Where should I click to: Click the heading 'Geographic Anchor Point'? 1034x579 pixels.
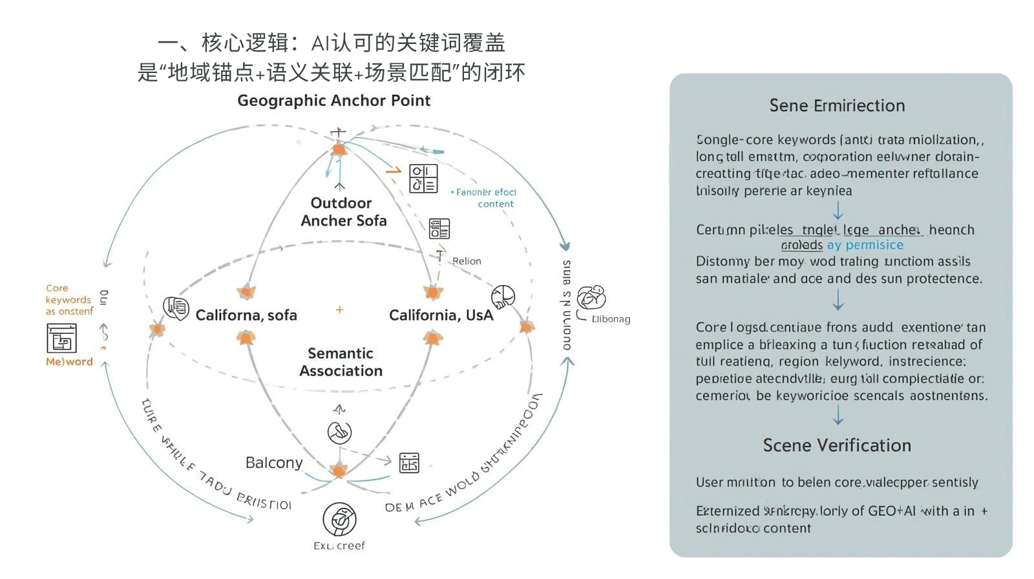click(x=333, y=100)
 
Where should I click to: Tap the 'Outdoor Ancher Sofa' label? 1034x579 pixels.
click(x=343, y=212)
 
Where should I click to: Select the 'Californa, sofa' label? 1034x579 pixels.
click(x=246, y=315)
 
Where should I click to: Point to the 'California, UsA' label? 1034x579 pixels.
click(x=441, y=315)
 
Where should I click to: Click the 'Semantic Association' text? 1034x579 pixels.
click(x=341, y=362)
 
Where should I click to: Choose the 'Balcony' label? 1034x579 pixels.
click(x=274, y=463)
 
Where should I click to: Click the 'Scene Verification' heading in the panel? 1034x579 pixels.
click(x=837, y=445)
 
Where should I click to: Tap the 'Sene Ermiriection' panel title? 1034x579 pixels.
click(x=837, y=105)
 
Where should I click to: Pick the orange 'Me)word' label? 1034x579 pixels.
click(x=69, y=362)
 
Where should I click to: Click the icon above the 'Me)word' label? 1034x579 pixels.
click(x=61, y=338)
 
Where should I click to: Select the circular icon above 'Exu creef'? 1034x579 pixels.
click(x=339, y=519)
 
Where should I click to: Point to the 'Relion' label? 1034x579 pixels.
click(x=467, y=261)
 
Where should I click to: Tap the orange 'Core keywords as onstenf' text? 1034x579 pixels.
click(x=69, y=300)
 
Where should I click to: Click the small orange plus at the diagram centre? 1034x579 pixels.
click(x=339, y=310)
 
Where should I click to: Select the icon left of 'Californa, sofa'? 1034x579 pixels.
click(x=176, y=308)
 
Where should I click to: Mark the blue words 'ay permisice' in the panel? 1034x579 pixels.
click(x=865, y=245)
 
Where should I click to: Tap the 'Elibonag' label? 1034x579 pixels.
click(x=611, y=319)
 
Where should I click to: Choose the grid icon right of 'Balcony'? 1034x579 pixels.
click(x=409, y=463)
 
